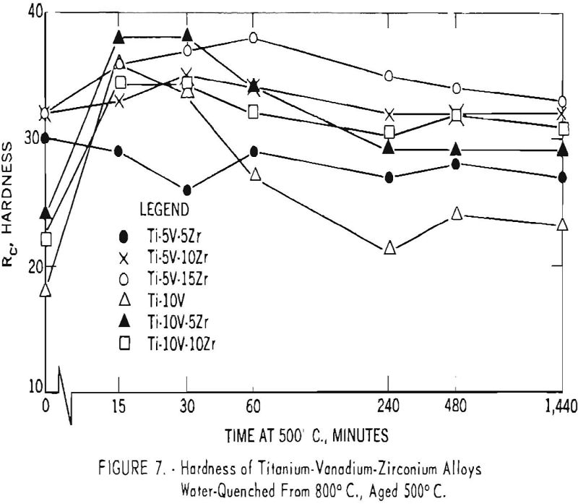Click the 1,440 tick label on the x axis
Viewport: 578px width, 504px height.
[x=558, y=407]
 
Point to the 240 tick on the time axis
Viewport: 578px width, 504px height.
[x=389, y=407]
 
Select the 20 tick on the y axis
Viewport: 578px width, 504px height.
[x=33, y=264]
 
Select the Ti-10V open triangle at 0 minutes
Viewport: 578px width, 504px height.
[x=46, y=290]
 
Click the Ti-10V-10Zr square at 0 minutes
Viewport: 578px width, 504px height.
[x=46, y=239]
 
